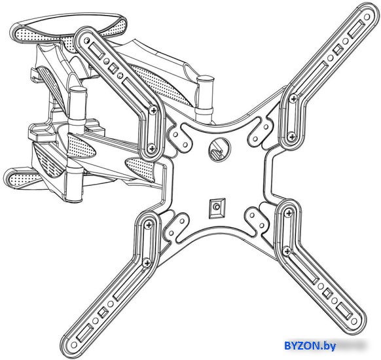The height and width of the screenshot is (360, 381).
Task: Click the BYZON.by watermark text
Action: (310, 346)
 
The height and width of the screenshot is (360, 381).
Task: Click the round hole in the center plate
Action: (219, 149)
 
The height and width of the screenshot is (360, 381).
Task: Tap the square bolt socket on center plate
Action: (217, 207)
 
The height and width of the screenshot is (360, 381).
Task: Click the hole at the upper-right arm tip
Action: (367, 17)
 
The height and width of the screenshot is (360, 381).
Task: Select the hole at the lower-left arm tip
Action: (73, 344)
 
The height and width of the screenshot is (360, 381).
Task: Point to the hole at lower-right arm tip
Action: (354, 321)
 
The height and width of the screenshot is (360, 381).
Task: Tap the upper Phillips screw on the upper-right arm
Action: (293, 98)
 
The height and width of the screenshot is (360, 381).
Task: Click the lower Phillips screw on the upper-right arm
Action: (291, 137)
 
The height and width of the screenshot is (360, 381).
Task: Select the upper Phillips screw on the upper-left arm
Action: (153, 111)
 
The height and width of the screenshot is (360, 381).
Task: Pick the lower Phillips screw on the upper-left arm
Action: (151, 147)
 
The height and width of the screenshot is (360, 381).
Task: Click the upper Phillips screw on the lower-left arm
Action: (149, 225)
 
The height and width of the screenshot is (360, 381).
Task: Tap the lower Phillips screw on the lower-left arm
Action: (147, 263)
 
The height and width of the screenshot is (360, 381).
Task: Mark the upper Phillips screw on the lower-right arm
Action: (289, 213)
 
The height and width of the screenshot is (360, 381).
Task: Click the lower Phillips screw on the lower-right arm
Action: (287, 251)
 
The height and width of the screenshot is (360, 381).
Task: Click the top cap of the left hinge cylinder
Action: (78, 90)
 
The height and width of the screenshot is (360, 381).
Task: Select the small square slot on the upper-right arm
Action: (337, 50)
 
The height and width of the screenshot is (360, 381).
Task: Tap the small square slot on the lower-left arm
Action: (103, 312)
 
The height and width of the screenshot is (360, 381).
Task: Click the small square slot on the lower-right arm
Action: (327, 293)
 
